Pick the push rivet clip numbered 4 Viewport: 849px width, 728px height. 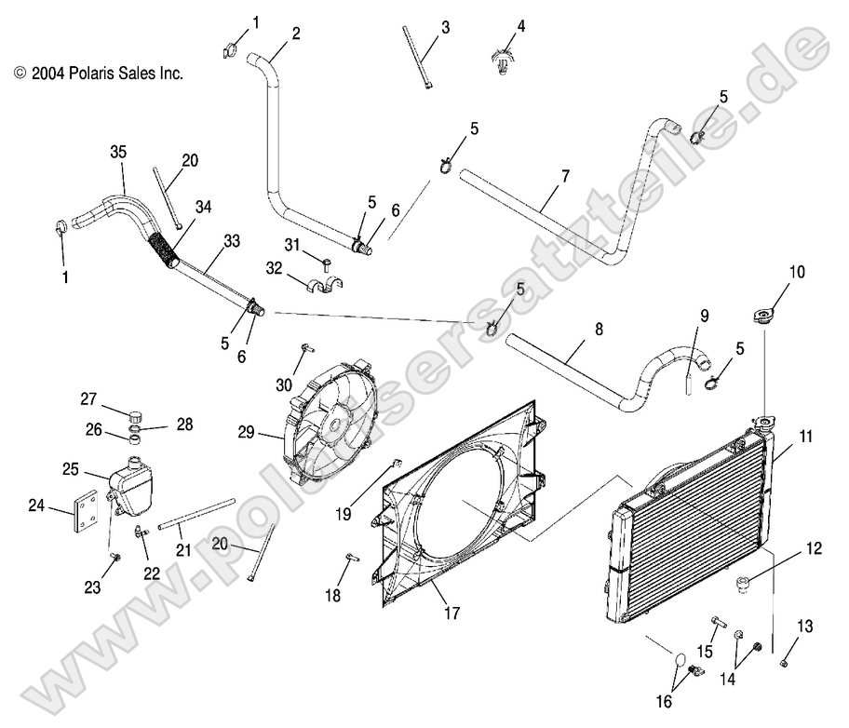505,60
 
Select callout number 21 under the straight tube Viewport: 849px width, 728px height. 183,550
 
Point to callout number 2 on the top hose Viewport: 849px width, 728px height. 296,34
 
